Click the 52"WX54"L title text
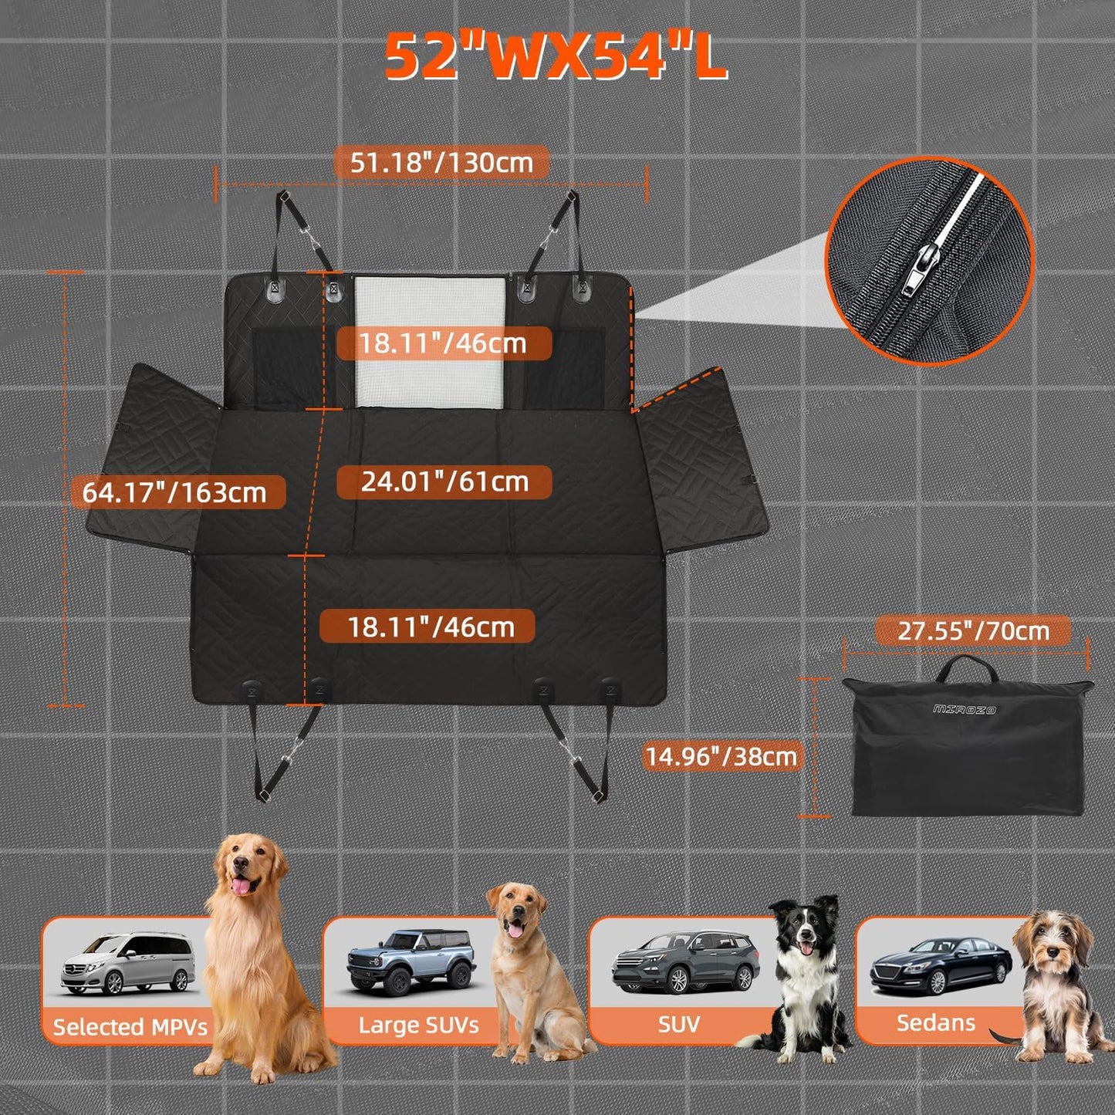click(x=556, y=57)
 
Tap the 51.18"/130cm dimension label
click(x=441, y=163)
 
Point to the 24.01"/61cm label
click(x=444, y=482)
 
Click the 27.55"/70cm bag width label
click(x=973, y=630)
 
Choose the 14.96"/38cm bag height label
click(x=721, y=755)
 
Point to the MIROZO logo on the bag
click(x=965, y=708)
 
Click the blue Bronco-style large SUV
click(x=411, y=961)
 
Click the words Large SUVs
click(x=418, y=1025)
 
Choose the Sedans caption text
click(x=935, y=1023)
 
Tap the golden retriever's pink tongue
click(x=243, y=886)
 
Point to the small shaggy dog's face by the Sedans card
click(x=1053, y=945)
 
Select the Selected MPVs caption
click(x=130, y=1027)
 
